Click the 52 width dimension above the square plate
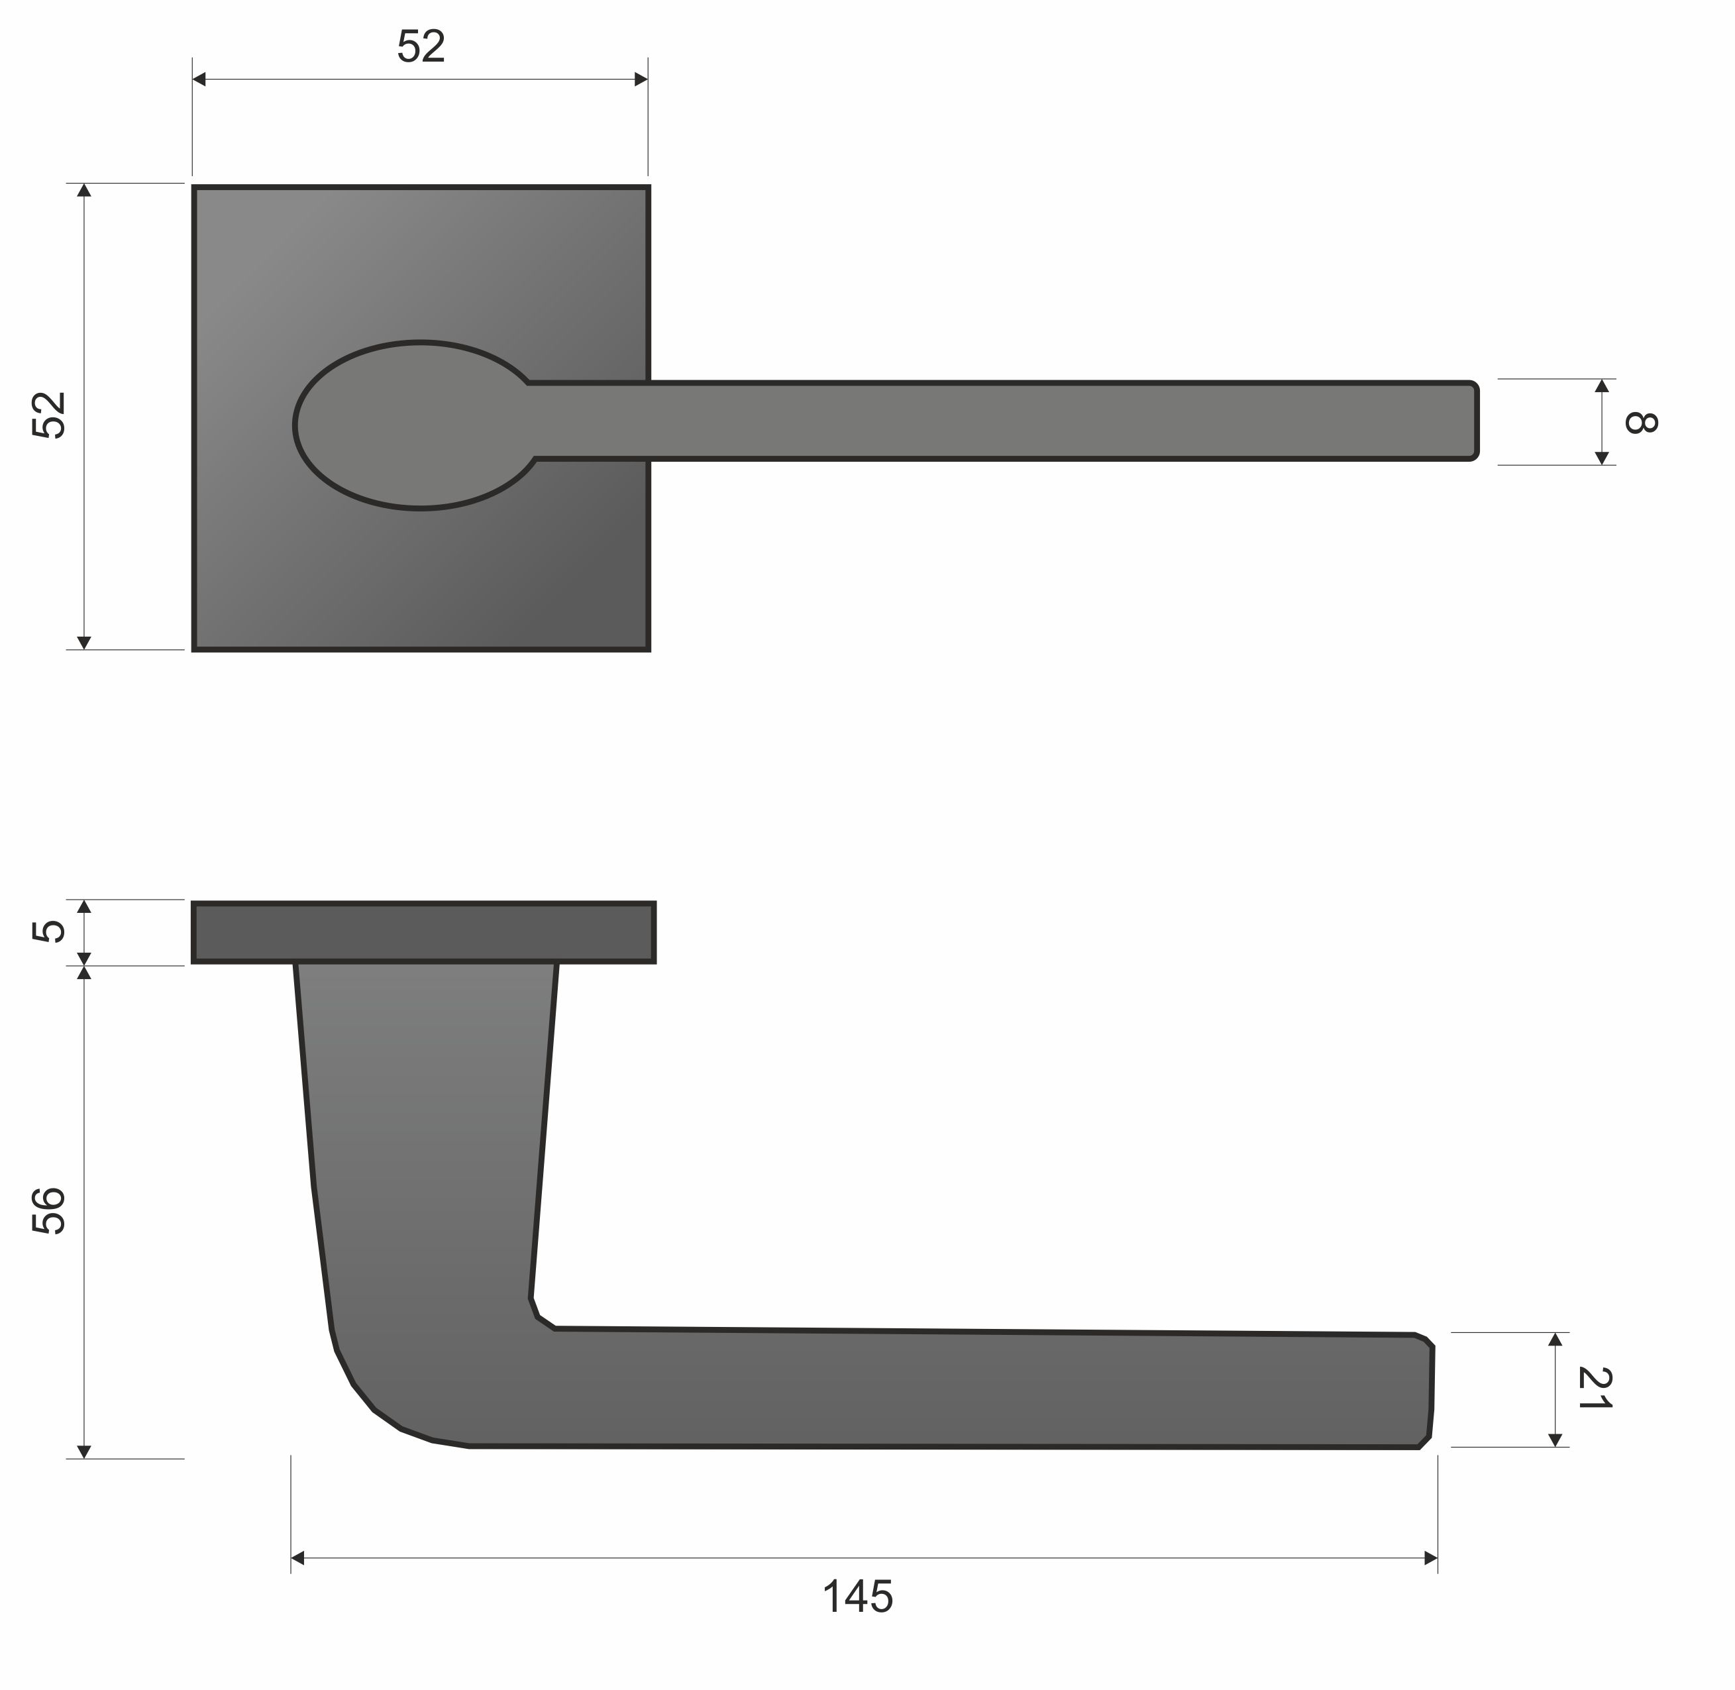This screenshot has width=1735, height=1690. tap(421, 47)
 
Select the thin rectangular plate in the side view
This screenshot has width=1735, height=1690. tap(424, 932)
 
